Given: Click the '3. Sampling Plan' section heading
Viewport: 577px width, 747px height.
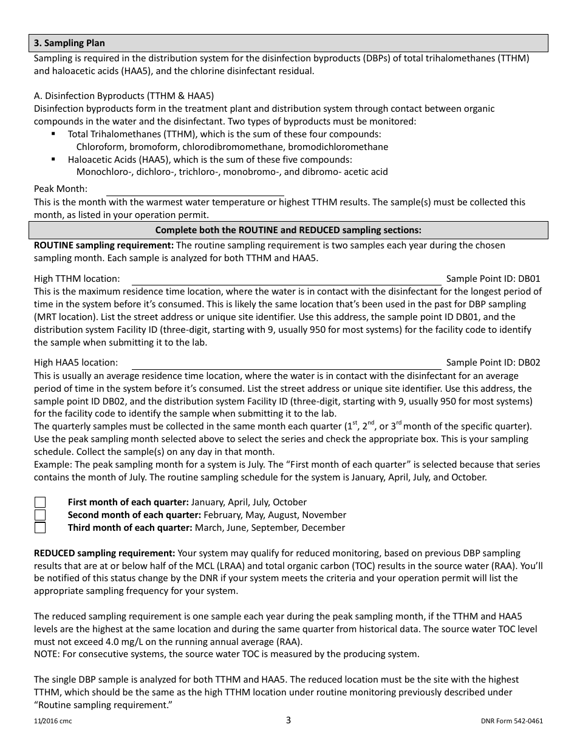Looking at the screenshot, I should coord(69,43).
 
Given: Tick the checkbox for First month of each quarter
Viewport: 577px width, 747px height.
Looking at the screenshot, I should coord(40,502).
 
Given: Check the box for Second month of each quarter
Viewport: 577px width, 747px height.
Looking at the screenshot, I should coord(40,515).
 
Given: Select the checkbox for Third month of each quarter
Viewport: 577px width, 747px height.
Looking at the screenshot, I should coord(40,528).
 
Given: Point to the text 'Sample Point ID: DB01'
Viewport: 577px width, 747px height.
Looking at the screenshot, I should coord(493,279).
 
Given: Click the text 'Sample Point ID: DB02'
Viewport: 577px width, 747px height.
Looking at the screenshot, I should coord(493,363).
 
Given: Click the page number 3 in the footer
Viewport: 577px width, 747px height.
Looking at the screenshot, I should coord(288,720).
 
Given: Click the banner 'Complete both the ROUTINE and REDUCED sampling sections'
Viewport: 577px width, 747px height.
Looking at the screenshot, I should coord(288,230).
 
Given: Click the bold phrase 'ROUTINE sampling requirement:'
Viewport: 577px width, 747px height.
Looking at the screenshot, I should coord(104,245).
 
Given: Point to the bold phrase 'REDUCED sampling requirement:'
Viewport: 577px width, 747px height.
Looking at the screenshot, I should coord(104,553).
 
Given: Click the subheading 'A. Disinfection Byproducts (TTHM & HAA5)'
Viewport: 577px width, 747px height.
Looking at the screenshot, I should coord(124,96).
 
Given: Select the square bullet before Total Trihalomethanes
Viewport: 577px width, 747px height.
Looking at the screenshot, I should coord(54,134).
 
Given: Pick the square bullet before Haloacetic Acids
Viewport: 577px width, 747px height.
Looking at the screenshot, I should coord(54,159).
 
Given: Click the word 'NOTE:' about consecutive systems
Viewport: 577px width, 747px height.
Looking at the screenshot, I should coord(47,654).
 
